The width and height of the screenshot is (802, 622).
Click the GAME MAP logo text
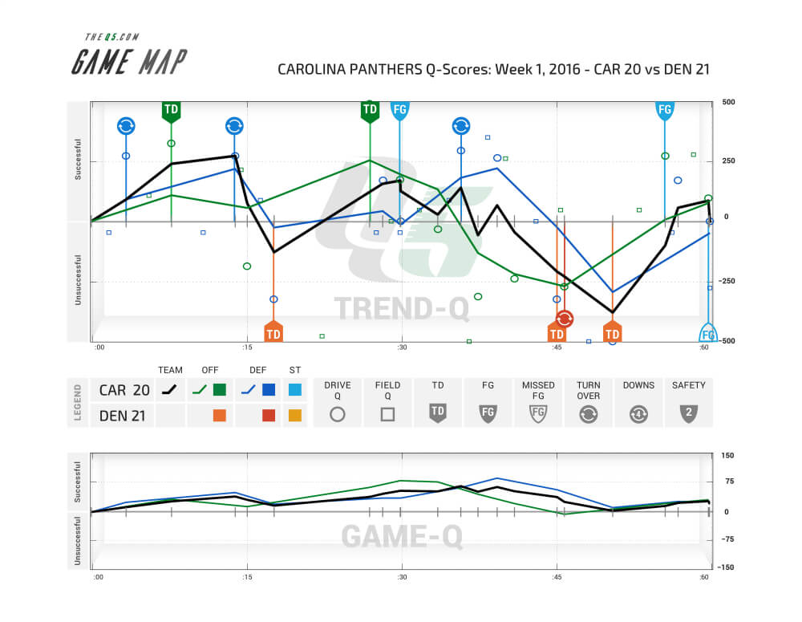coord(128,62)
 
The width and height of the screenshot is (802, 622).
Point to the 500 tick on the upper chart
coord(728,103)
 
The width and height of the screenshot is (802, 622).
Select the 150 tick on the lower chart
coord(727,456)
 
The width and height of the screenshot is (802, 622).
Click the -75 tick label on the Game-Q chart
coord(729,539)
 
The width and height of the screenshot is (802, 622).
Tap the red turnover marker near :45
coord(565,319)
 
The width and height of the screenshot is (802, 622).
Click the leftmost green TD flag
coord(171,111)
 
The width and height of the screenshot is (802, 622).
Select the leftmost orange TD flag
coord(273,331)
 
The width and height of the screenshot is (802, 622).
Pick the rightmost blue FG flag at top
coord(664,111)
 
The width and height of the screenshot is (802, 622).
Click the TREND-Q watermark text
coord(400,309)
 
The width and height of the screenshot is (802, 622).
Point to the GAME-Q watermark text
coord(402,536)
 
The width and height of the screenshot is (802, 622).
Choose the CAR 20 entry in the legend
coord(124,391)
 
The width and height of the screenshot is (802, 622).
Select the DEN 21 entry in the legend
coord(124,416)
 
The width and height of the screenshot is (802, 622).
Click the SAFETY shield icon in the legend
coord(689,414)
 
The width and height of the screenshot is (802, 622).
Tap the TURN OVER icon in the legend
coord(589,414)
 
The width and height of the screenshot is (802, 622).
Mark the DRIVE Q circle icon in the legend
coord(338,414)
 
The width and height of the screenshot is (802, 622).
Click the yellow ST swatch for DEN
coord(294,416)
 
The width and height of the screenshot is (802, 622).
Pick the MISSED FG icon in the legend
coord(538,414)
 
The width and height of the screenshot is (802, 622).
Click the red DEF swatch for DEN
coord(269,416)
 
